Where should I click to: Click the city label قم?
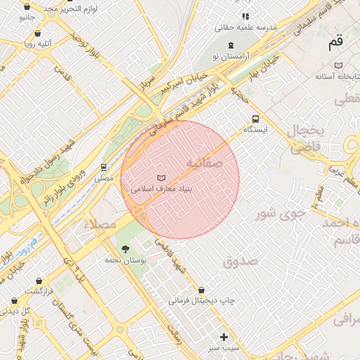[336, 43]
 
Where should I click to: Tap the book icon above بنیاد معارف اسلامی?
[162, 177]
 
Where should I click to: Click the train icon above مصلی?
[104, 167]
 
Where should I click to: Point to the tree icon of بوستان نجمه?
[125, 248]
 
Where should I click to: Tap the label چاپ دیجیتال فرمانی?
[201, 301]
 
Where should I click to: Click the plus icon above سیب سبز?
[224, 337]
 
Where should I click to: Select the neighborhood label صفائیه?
[204, 162]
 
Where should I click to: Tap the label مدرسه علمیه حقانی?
[246, 27]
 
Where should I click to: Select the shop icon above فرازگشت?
[38, 281]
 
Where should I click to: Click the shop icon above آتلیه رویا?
[37, 33]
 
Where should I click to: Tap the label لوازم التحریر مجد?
[70, 8]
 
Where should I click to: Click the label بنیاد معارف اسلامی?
[162, 189]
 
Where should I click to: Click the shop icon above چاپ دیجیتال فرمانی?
[202, 290]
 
